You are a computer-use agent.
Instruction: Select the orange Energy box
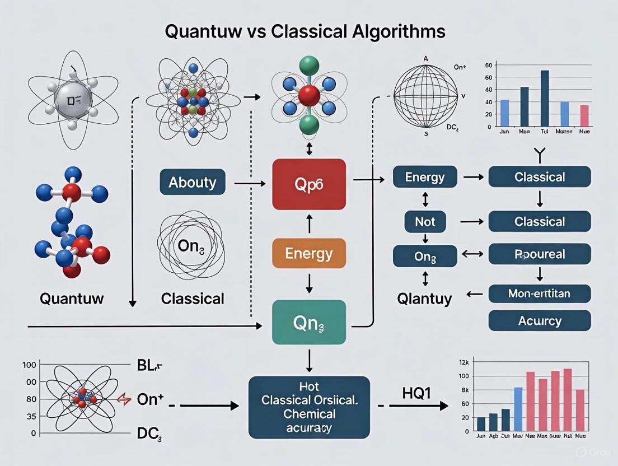(308, 253)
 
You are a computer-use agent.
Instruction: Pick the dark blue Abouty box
(192, 182)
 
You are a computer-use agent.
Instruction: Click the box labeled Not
(425, 221)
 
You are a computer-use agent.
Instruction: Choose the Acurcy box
(539, 320)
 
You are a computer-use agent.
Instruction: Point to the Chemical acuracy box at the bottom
(309, 407)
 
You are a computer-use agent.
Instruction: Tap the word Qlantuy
(425, 298)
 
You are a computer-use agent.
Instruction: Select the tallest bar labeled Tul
(545, 99)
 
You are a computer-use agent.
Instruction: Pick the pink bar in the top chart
(584, 116)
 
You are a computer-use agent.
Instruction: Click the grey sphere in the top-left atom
(72, 101)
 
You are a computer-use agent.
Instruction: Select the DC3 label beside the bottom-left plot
(149, 433)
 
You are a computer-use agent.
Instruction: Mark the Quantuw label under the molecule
(72, 298)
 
